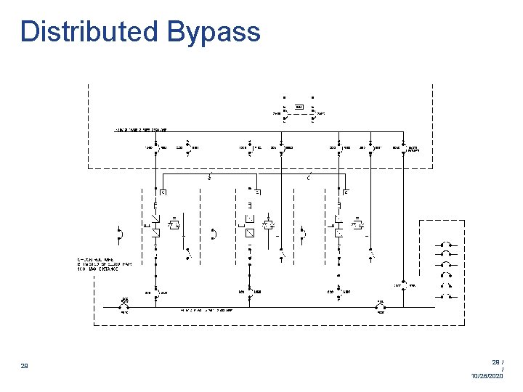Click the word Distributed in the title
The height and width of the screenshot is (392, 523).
(89, 31)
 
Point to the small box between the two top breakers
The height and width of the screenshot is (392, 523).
(299, 107)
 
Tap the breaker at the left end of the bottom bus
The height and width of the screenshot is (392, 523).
(125, 307)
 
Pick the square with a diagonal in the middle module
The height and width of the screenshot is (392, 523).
(248, 232)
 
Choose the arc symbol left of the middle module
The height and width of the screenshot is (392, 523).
(212, 233)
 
